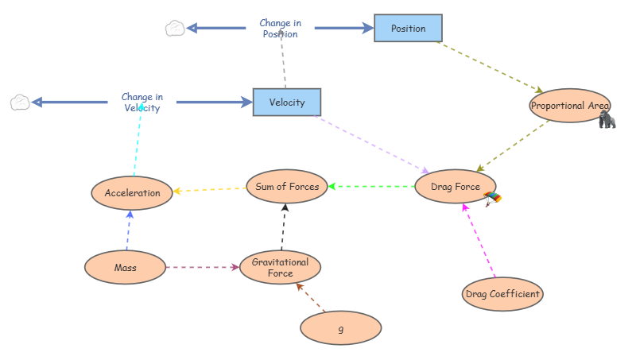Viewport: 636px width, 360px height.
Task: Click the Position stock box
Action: pyautogui.click(x=408, y=29)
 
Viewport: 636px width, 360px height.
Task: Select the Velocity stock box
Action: pyautogui.click(x=287, y=103)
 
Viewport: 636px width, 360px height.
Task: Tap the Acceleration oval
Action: pyautogui.click(x=132, y=193)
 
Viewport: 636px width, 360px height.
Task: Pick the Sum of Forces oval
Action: pyautogui.click(x=287, y=187)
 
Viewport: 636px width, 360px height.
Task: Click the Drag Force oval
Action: pyautogui.click(x=455, y=187)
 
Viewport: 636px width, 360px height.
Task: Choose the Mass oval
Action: pyautogui.click(x=125, y=268)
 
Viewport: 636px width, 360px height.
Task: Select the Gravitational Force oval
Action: pyautogui.click(x=281, y=268)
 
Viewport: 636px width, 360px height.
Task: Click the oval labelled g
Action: pyautogui.click(x=341, y=328)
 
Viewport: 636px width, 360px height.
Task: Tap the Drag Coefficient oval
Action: pyautogui.click(x=502, y=294)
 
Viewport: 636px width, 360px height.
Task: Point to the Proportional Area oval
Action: pyautogui.click(x=570, y=106)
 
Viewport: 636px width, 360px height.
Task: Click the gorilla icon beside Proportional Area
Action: pyautogui.click(x=607, y=119)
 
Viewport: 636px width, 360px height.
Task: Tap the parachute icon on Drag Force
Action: pyautogui.click(x=492, y=199)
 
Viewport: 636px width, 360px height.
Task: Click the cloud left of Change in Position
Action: pyautogui.click(x=175, y=29)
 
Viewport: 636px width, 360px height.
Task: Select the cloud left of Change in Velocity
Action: pyautogui.click(x=20, y=103)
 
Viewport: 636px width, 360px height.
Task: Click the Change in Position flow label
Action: pyautogui.click(x=281, y=29)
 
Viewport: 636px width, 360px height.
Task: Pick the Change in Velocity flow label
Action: pyautogui.click(x=142, y=103)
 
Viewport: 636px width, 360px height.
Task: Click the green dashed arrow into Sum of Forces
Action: pyautogui.click(x=371, y=187)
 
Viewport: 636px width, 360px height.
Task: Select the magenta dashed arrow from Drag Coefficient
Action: pyautogui.click(x=479, y=241)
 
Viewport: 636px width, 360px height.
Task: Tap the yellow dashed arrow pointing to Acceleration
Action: pyautogui.click(x=210, y=190)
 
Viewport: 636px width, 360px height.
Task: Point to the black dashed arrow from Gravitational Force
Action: pyautogui.click(x=284, y=227)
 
